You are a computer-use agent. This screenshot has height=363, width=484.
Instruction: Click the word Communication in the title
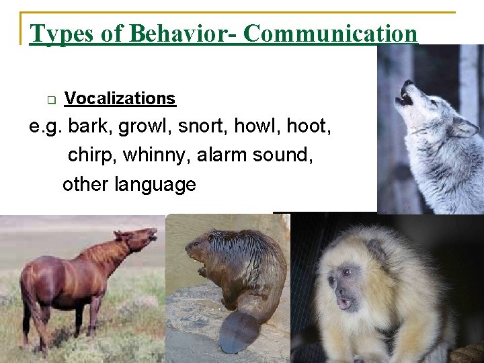point(330,33)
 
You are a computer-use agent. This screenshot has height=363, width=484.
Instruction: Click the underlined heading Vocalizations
point(120,99)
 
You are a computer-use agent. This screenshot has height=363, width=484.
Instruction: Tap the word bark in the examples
point(86,126)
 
